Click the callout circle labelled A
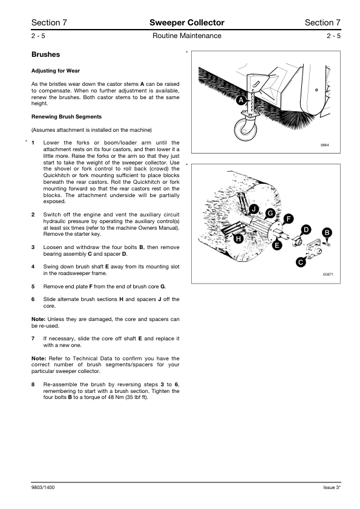click(241, 100)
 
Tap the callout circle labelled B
click(327, 232)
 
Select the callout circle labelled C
click(301, 262)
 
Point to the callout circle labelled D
click(306, 230)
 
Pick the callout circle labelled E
click(277, 245)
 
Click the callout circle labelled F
click(288, 219)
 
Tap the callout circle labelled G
click(270, 213)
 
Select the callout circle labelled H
click(238, 239)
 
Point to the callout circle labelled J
click(254, 209)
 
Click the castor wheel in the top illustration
click(246, 129)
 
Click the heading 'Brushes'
click(45, 54)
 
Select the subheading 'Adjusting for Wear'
click(56, 71)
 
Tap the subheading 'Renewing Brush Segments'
click(67, 117)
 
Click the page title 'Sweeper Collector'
click(187, 22)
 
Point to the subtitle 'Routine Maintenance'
click(187, 36)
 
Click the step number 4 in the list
click(33, 267)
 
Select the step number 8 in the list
click(33, 384)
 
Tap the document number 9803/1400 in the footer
click(43, 487)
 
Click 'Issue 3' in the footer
click(332, 487)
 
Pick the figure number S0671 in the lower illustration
click(328, 274)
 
